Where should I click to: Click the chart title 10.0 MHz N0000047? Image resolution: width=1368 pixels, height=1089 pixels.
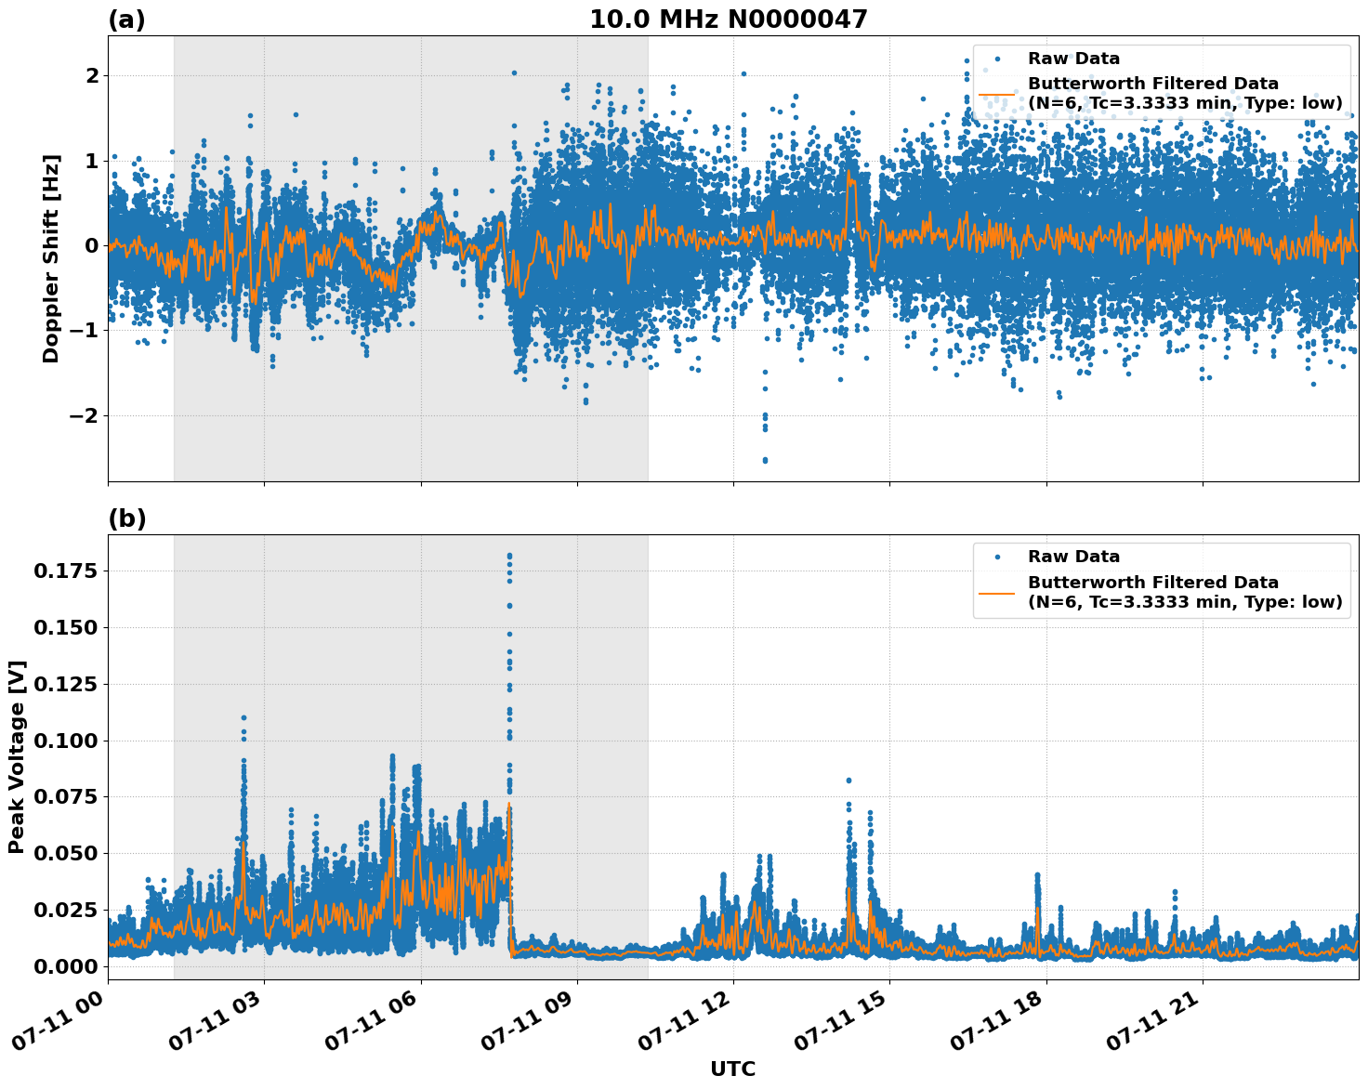(x=728, y=20)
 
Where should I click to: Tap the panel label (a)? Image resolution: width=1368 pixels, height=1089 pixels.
(x=126, y=20)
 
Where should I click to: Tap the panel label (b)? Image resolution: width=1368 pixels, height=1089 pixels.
(x=126, y=518)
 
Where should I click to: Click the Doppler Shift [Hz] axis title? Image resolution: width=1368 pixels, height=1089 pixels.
(x=51, y=258)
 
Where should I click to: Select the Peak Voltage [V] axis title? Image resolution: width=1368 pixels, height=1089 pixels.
(x=17, y=756)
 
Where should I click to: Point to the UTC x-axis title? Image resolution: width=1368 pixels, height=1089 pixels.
(x=732, y=1069)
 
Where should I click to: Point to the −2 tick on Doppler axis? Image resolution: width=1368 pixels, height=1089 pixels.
(x=82, y=415)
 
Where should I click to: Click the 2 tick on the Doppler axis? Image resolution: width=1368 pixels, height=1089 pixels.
(x=91, y=75)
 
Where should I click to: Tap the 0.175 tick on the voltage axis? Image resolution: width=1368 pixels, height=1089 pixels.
(x=65, y=571)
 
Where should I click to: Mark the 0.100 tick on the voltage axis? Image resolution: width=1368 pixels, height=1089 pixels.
(x=65, y=741)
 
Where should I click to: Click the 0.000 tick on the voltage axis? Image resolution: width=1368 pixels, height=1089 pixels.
(x=65, y=966)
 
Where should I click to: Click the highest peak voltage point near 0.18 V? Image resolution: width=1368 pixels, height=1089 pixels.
(x=509, y=556)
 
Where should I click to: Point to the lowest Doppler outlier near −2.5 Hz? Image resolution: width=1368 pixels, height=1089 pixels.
(x=765, y=460)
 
